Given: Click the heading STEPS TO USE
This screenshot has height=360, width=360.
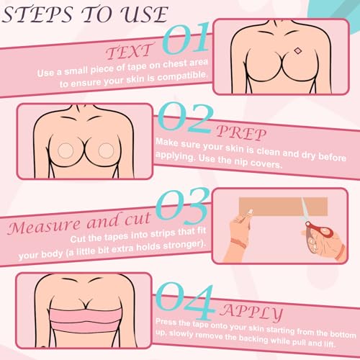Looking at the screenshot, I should click(86, 15).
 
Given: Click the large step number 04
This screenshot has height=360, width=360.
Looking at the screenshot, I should click(185, 294).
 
